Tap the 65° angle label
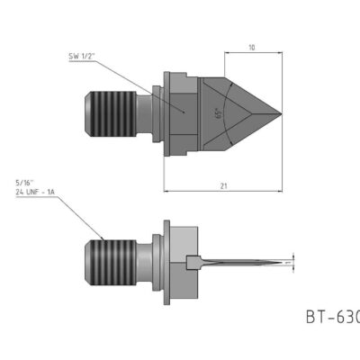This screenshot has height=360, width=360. click(x=217, y=114)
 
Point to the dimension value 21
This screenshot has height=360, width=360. click(x=223, y=184)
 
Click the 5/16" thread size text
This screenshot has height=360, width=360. click(x=26, y=184)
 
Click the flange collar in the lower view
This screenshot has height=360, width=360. click(x=166, y=263)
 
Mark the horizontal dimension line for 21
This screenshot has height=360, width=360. click(x=207, y=191)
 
